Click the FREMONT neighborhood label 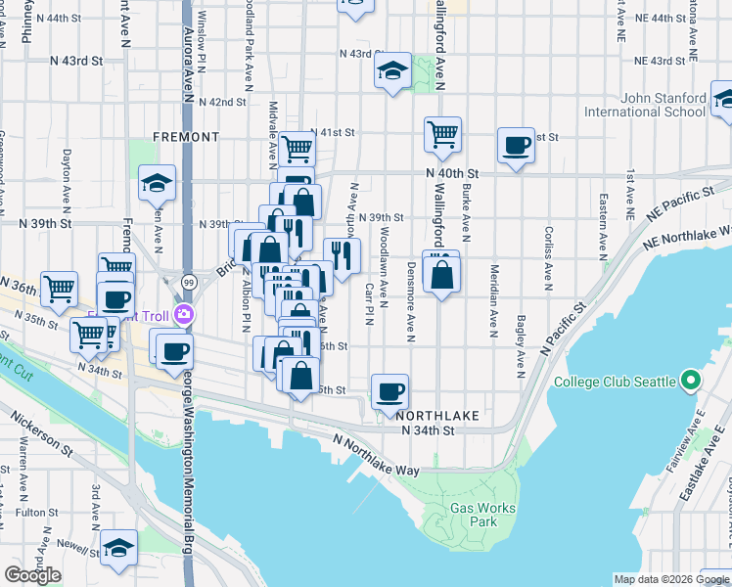click(x=186, y=137)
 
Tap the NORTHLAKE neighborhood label click(x=440, y=416)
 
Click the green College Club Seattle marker click(x=691, y=381)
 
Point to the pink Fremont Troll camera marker click(x=186, y=314)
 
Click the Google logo click(x=32, y=575)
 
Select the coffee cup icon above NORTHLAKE click(x=390, y=391)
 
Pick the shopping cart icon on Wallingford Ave click(x=442, y=134)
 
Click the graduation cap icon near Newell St click(x=119, y=548)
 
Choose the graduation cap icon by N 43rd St click(x=392, y=71)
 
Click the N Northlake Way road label click(x=376, y=455)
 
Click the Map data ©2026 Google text click(x=671, y=579)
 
